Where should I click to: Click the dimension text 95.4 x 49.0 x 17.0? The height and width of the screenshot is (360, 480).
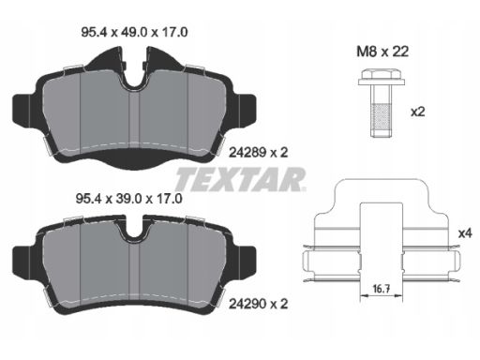[134, 32]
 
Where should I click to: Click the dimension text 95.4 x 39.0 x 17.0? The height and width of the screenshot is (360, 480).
[129, 199]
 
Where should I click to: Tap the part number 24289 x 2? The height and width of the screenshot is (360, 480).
[259, 153]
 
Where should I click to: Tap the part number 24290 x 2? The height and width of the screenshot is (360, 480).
[259, 304]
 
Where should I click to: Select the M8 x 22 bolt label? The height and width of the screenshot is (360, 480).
[382, 52]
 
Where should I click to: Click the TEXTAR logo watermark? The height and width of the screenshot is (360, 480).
[240, 179]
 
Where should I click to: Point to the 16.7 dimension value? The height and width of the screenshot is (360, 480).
[382, 289]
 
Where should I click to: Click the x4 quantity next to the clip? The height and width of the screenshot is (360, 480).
[465, 233]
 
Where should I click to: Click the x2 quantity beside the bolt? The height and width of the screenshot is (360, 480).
[418, 112]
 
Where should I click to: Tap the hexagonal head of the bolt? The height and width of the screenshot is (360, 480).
[382, 74]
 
